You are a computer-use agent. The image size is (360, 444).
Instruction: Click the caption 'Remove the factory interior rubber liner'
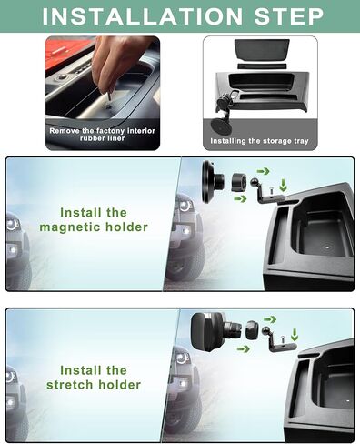102,136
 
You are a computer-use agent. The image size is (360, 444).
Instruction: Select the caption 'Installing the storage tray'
259,141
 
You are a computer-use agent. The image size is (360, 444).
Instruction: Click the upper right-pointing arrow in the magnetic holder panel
263,169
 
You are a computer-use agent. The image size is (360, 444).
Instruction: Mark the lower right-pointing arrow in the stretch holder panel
245,348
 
